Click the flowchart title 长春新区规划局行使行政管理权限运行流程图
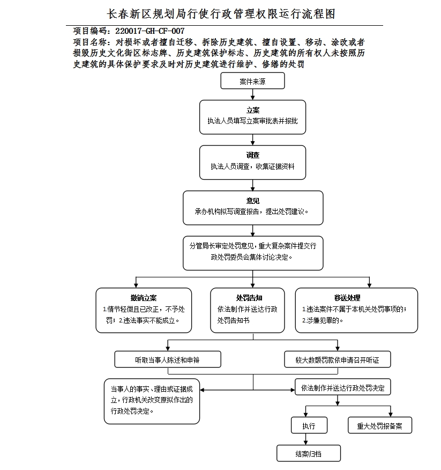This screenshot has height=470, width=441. coord(221,13)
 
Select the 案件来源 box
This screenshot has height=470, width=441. coord(252,81)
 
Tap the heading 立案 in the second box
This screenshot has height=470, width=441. coord(252,110)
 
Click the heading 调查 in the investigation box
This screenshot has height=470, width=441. coord(252,155)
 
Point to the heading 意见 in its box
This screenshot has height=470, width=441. coord(252,201)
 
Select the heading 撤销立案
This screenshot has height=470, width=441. coord(143,298)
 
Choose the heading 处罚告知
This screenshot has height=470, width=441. coord(249,298)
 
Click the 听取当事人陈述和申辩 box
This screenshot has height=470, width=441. coord(168,359)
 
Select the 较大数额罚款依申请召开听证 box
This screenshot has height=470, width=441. coord(337,359)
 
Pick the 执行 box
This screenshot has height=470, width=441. coord(309,425)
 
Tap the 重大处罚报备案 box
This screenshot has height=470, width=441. coord(380,425)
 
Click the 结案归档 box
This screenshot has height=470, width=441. coord(309,453)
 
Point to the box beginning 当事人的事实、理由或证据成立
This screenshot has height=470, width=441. coord(152,401)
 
